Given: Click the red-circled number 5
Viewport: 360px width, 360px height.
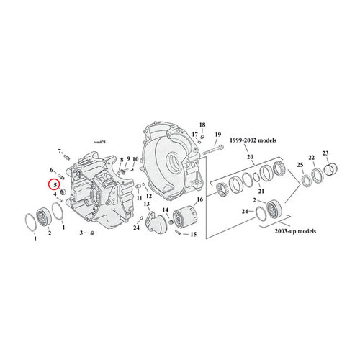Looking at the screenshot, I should point(55,184).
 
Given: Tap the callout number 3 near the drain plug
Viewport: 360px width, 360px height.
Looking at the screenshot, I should point(83,233).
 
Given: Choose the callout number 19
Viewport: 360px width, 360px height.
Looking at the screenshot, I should point(217,135).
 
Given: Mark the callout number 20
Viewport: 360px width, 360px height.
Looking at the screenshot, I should point(251,157).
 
